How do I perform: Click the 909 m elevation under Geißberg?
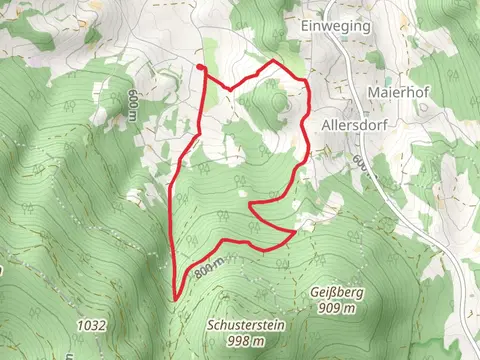coord(336,309)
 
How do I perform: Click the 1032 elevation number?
coord(90,325)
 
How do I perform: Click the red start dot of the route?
coord(201,68)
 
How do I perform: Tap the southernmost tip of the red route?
coord(174,298)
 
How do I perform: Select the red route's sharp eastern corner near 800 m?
coord(294,232)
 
